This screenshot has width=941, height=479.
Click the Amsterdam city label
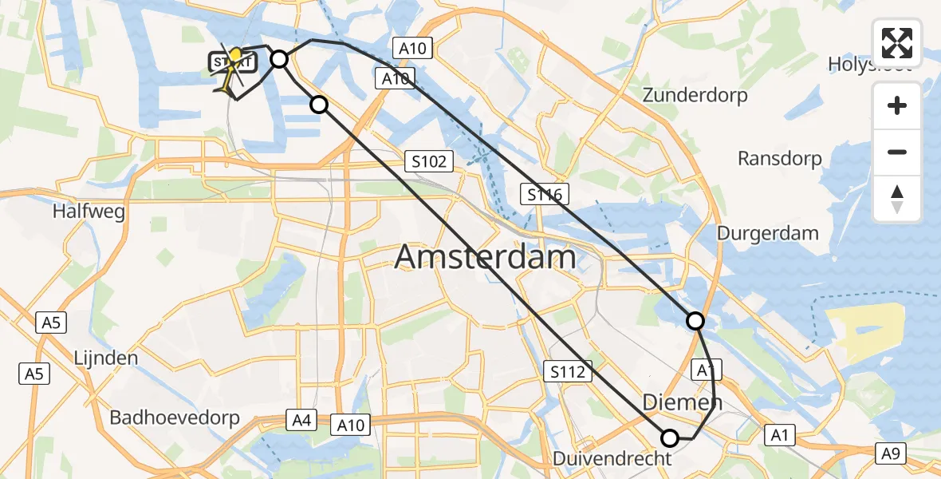pyautogui.click(x=485, y=258)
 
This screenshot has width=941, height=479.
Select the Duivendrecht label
pyautogui.click(x=612, y=459)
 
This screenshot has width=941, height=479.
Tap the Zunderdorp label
pyautogui.click(x=695, y=96)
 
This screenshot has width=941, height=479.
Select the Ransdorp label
pyautogui.click(x=780, y=159)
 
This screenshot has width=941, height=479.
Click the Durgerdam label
pyautogui.click(x=768, y=233)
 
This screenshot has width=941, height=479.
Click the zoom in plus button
pyautogui.click(x=897, y=105)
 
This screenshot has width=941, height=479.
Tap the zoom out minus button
pyautogui.click(x=897, y=152)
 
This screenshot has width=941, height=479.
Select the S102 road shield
pyautogui.click(x=428, y=162)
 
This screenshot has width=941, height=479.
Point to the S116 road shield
pyautogui.click(x=545, y=194)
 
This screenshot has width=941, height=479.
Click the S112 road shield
pyautogui.click(x=568, y=371)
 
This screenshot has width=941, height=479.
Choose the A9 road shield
pyautogui.click(x=891, y=454)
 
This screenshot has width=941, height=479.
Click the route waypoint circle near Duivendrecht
pyautogui.click(x=670, y=437)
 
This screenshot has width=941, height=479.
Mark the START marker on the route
pyautogui.click(x=233, y=61)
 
